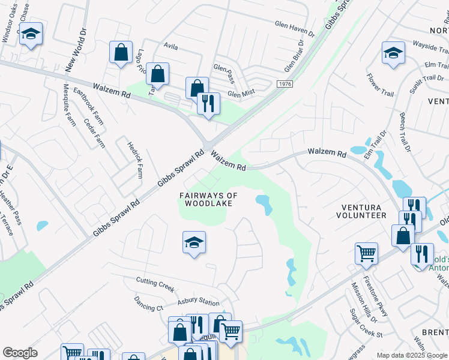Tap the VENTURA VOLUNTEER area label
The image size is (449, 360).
pos(361,211)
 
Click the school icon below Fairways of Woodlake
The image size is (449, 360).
pos(194,243)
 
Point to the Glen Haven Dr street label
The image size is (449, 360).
pos(295,28)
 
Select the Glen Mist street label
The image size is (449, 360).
pos(241,92)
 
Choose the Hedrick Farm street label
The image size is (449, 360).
pos(134,160)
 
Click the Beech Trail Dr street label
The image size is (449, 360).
pos(403,131)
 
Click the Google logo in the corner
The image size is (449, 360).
pos(20,353)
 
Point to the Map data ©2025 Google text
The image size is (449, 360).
pos(411,355)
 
